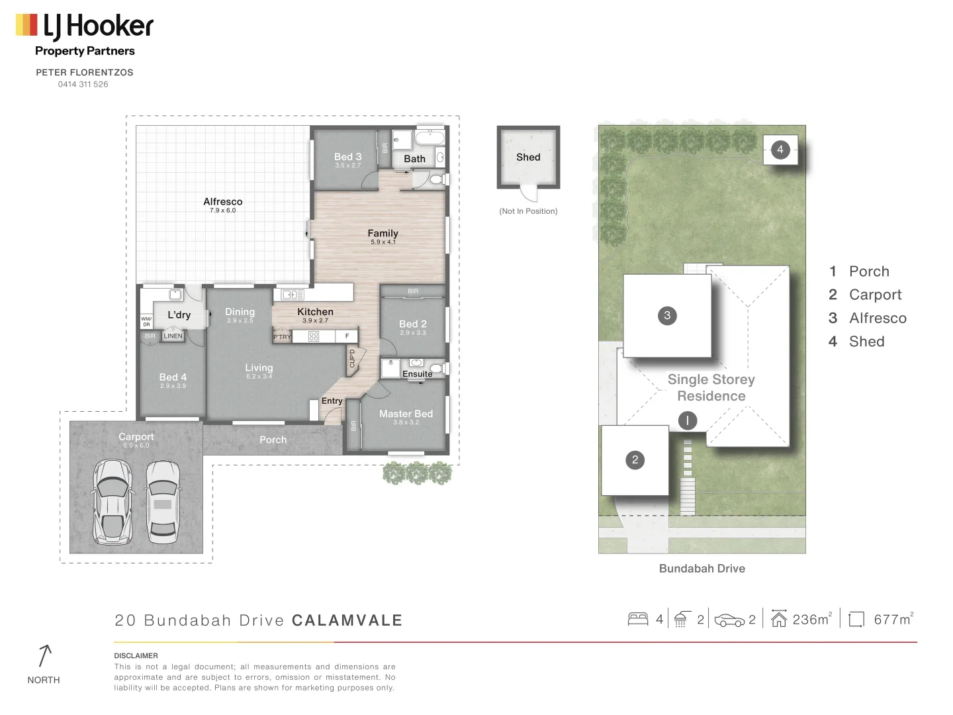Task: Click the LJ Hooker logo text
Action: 98,26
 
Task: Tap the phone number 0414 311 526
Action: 83,84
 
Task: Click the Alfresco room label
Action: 222,202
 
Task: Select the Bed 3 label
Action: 347,157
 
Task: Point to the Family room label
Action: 383,234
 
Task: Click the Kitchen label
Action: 315,312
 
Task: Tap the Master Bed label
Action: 406,414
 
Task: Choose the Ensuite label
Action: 417,374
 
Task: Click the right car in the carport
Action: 163,501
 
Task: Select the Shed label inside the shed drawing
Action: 528,158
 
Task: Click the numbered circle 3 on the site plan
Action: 667,316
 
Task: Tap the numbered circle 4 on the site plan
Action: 780,150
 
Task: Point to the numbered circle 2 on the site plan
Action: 635,460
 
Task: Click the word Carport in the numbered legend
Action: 875,295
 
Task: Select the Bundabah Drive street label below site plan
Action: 702,569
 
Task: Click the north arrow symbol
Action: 44,655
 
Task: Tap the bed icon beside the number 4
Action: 638,619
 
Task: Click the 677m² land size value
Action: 893,620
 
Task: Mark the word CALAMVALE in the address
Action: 347,621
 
